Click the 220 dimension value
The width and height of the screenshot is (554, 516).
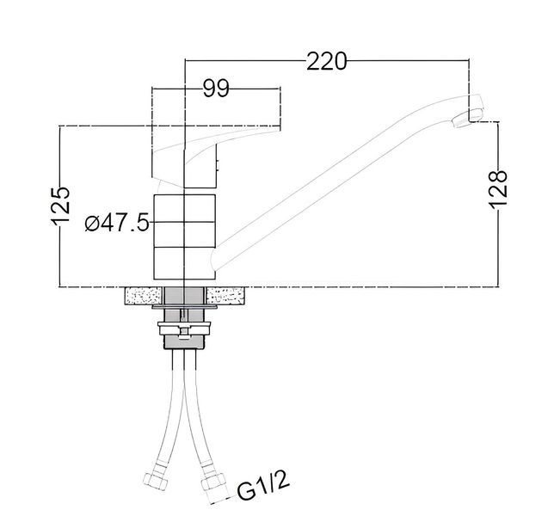click(x=326, y=61)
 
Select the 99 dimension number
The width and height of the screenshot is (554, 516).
click(x=216, y=89)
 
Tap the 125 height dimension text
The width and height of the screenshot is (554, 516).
click(x=61, y=206)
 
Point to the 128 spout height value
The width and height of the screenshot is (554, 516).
click(x=499, y=189)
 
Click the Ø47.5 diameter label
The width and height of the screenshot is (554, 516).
click(x=117, y=223)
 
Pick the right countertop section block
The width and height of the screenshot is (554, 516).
click(x=225, y=296)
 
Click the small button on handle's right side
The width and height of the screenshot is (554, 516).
click(x=218, y=165)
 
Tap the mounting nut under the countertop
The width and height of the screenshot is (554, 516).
click(x=184, y=328)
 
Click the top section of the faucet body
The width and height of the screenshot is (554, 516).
click(x=184, y=208)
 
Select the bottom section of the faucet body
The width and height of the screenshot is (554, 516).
click(x=184, y=263)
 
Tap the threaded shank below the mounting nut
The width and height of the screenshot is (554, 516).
click(x=184, y=342)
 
